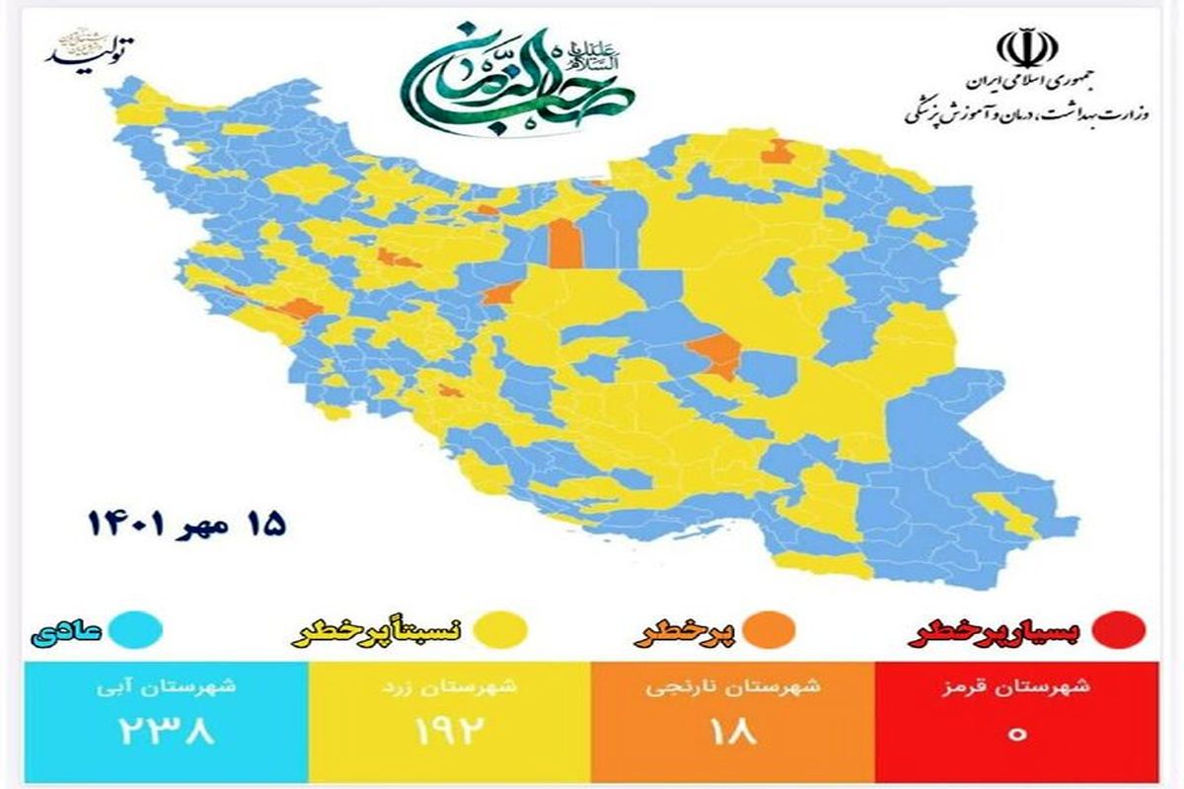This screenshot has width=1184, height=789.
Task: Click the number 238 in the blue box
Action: coord(165,731)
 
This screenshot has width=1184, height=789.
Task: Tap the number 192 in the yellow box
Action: coord(448,731)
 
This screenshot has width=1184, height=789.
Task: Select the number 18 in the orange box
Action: coord(732,731)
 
